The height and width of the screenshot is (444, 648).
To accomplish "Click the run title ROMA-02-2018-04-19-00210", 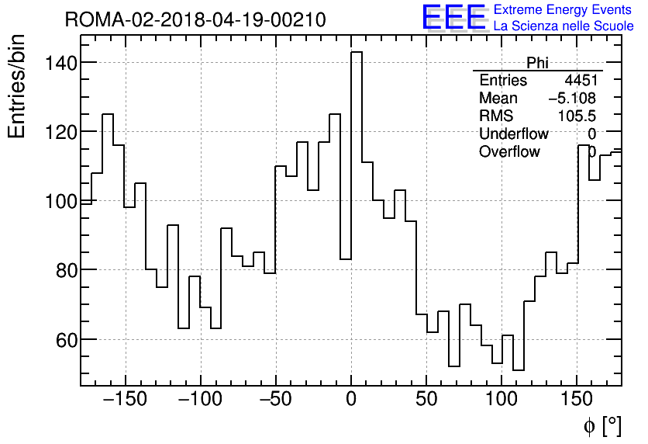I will pos(195,20).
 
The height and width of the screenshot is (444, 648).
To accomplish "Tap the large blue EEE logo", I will pos(454,17).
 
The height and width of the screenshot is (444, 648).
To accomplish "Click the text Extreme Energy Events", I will pos(564,10).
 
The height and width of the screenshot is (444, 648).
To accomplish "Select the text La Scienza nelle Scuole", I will pos(564,26).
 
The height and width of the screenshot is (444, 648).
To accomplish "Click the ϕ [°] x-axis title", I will pos(601,425).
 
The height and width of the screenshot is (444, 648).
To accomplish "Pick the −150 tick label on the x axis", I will pos(124,401).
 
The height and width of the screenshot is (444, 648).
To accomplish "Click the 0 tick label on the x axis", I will pos(351,401).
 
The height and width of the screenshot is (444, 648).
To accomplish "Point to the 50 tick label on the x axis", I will pos(426,401).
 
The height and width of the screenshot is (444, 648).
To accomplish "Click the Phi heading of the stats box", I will pos(538,63).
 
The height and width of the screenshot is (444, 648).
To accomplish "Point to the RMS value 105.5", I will pos(577,116).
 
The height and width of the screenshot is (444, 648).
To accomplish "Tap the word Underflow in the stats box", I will pos(515,134).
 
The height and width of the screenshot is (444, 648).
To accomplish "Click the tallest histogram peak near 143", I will pos(357,53).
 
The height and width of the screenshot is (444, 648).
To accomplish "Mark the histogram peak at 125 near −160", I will pos(108,115).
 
